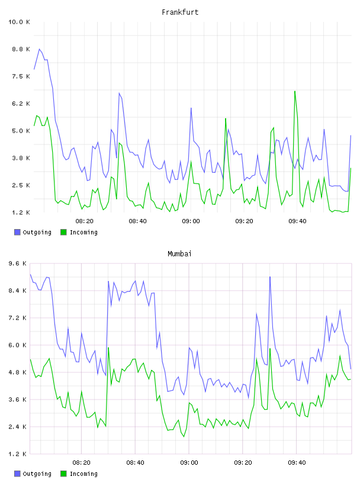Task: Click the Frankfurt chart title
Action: (180, 12)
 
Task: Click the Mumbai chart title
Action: (179, 253)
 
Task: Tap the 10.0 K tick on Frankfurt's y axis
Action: (19, 22)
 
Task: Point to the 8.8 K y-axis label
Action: (21, 49)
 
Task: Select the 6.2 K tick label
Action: (21, 104)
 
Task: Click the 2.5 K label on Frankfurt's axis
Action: (21, 185)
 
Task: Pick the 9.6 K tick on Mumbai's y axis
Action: (18, 263)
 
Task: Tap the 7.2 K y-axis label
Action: (18, 318)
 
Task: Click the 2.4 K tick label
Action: (18, 427)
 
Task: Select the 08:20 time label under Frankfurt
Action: (85, 221)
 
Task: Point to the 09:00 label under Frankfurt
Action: (191, 221)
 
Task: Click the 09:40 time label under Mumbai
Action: (297, 462)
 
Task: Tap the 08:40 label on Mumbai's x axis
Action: (135, 462)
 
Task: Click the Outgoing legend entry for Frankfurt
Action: (33, 232)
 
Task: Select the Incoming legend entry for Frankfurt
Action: (79, 232)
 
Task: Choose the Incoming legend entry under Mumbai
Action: (79, 474)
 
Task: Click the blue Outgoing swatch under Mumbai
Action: (17, 474)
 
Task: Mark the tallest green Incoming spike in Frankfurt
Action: (295, 91)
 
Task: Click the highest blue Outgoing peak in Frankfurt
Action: (40, 49)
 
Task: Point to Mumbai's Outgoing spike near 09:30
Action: (270, 277)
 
